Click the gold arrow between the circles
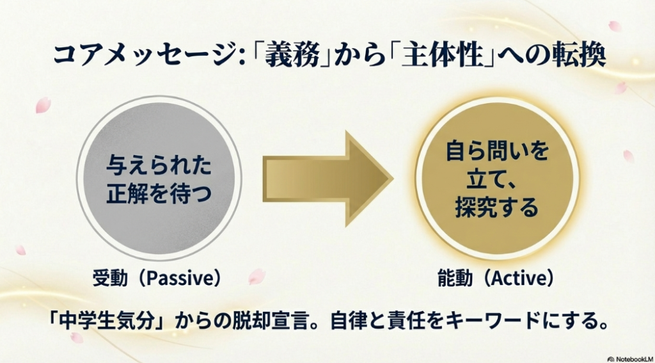tap(326, 177)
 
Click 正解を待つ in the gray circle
tap(159, 193)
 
